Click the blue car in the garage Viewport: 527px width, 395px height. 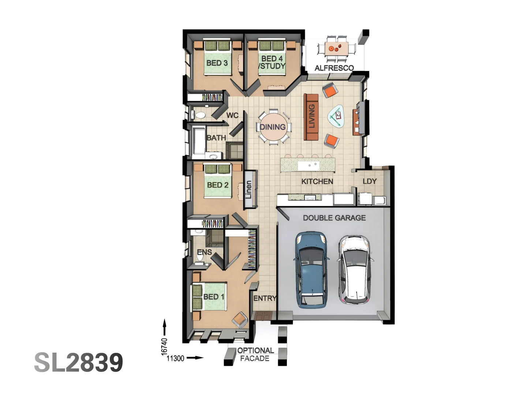click(x=311, y=270)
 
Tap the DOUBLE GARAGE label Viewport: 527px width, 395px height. click(x=334, y=218)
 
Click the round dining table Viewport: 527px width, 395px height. click(x=273, y=127)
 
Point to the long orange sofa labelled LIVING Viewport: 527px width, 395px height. click(x=311, y=117)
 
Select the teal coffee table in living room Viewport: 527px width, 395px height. click(x=336, y=116)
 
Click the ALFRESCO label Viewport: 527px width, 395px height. click(x=334, y=68)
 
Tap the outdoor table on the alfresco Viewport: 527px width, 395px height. click(x=336, y=48)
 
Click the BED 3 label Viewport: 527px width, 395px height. click(x=217, y=63)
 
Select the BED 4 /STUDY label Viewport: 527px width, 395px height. click(x=272, y=63)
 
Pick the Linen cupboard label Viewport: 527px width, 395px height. click(x=249, y=189)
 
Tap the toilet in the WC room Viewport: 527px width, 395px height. click(x=199, y=115)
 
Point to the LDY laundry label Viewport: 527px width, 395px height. click(x=370, y=181)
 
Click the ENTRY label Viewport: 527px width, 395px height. click(x=265, y=298)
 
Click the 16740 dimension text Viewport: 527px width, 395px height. click(x=164, y=346)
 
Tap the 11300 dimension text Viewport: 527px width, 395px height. click(x=175, y=358)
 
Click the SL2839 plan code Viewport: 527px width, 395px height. click(x=79, y=363)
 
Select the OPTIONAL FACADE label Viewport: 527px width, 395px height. click(x=255, y=354)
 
